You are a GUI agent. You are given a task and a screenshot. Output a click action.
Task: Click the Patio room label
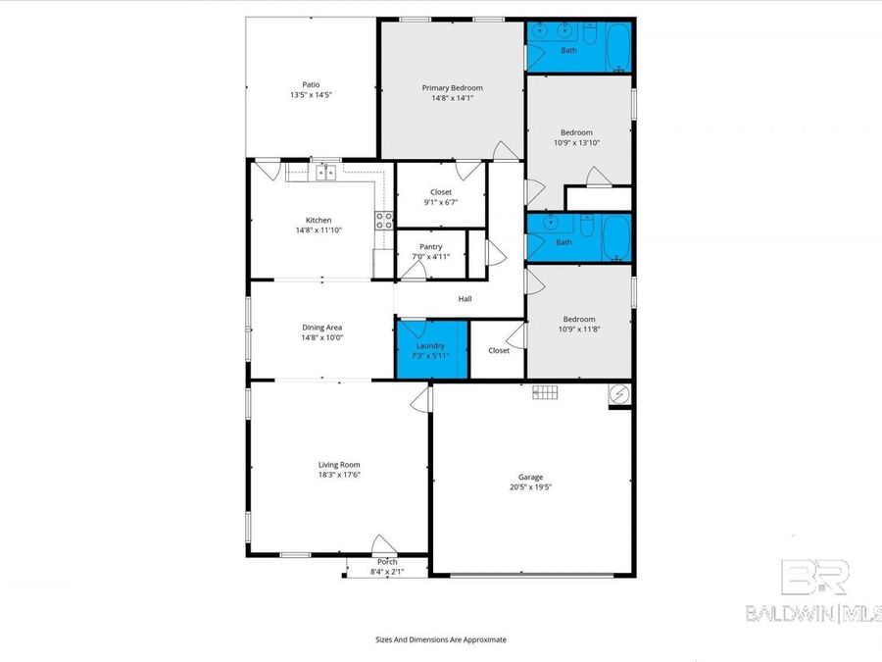(311, 84)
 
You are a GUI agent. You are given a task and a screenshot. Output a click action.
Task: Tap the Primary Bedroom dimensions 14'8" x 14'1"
(452, 98)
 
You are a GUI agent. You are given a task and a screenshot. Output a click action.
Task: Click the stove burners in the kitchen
(384, 220)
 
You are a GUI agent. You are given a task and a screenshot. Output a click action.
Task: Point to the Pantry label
(430, 247)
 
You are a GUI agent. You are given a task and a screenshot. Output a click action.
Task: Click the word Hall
(465, 298)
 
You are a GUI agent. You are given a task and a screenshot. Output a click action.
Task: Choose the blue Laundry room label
(430, 346)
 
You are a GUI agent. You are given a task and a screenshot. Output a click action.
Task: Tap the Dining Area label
(321, 328)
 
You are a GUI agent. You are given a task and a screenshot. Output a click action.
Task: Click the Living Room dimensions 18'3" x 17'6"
(339, 475)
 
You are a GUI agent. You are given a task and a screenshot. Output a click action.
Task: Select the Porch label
(387, 562)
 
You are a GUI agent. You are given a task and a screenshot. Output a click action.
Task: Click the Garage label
(530, 478)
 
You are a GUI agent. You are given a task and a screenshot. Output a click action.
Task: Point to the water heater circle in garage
(618, 394)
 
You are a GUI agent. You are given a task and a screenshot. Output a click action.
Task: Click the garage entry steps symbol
(545, 392)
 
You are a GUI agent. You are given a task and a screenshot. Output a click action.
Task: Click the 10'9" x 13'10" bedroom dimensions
(576, 143)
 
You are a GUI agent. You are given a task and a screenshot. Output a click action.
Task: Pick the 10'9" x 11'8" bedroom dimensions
(578, 329)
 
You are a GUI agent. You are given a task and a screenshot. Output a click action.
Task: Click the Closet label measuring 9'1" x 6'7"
(441, 203)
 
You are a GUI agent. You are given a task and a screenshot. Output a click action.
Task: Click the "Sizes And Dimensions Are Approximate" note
(441, 638)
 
